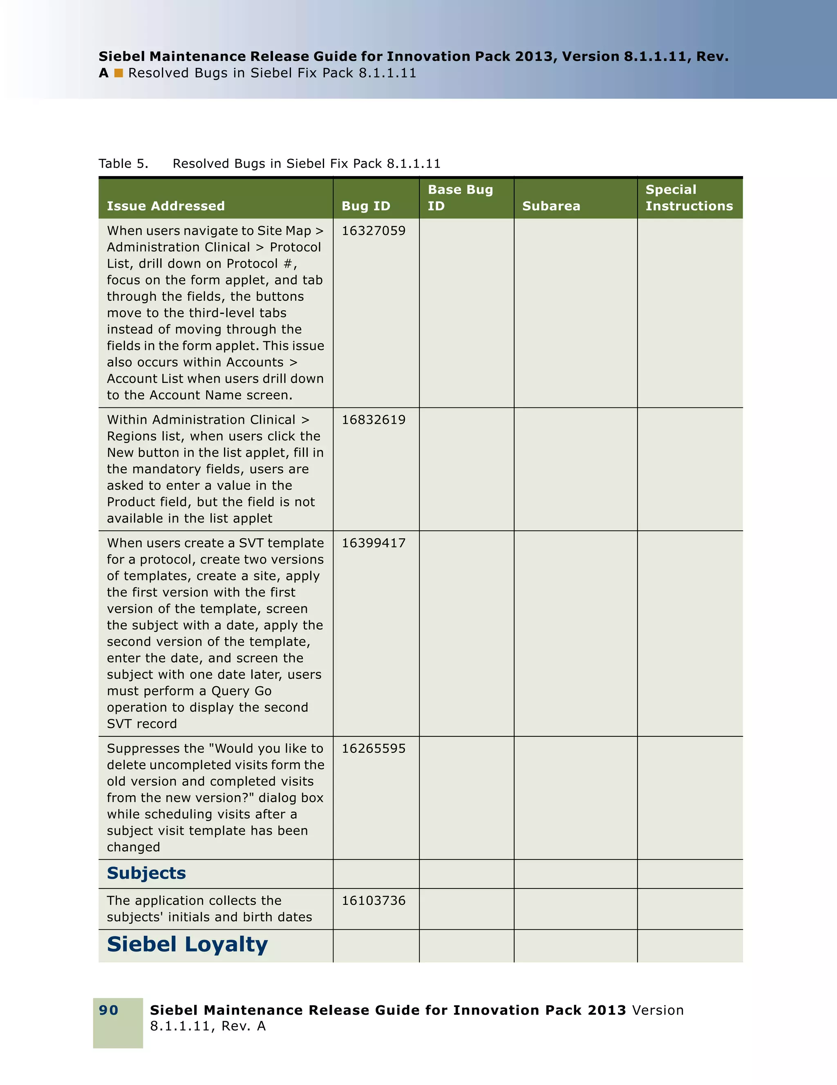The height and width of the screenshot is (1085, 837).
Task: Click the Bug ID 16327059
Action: (x=373, y=231)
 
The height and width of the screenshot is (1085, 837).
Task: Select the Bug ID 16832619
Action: (x=373, y=420)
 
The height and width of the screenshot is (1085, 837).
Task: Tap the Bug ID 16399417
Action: (x=373, y=543)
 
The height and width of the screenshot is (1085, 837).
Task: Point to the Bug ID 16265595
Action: (x=373, y=749)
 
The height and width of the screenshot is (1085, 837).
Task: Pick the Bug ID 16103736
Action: (x=373, y=901)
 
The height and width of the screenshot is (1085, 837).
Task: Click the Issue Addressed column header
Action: (x=166, y=206)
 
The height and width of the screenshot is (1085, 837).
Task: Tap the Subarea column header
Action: (x=551, y=206)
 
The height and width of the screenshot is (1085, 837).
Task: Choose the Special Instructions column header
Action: (x=689, y=198)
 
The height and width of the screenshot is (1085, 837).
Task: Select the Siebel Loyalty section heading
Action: (x=187, y=944)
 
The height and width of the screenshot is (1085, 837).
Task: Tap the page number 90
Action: (x=108, y=1010)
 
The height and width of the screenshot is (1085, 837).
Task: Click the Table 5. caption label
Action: (x=123, y=164)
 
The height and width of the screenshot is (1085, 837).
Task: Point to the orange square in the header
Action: (x=118, y=74)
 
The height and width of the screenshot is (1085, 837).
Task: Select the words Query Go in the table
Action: (x=242, y=691)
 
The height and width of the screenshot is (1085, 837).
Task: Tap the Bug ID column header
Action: (x=366, y=206)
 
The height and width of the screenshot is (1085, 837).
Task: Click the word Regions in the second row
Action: (x=131, y=436)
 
